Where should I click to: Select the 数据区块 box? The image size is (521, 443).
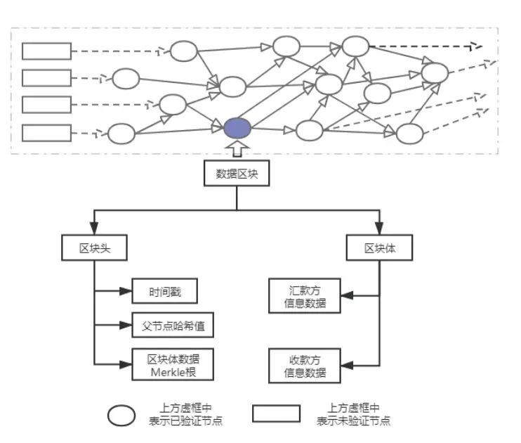click(x=237, y=174)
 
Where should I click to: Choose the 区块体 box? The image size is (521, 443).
click(x=379, y=248)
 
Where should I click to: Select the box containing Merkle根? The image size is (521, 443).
click(x=171, y=364)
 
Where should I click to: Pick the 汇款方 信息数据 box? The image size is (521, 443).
click(x=305, y=297)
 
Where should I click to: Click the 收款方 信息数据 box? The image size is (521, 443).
click(x=305, y=364)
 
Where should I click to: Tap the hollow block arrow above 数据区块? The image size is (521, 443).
click(x=237, y=150)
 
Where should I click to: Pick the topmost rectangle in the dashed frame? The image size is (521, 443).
click(x=46, y=51)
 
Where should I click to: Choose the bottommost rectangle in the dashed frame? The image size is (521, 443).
click(x=46, y=132)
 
